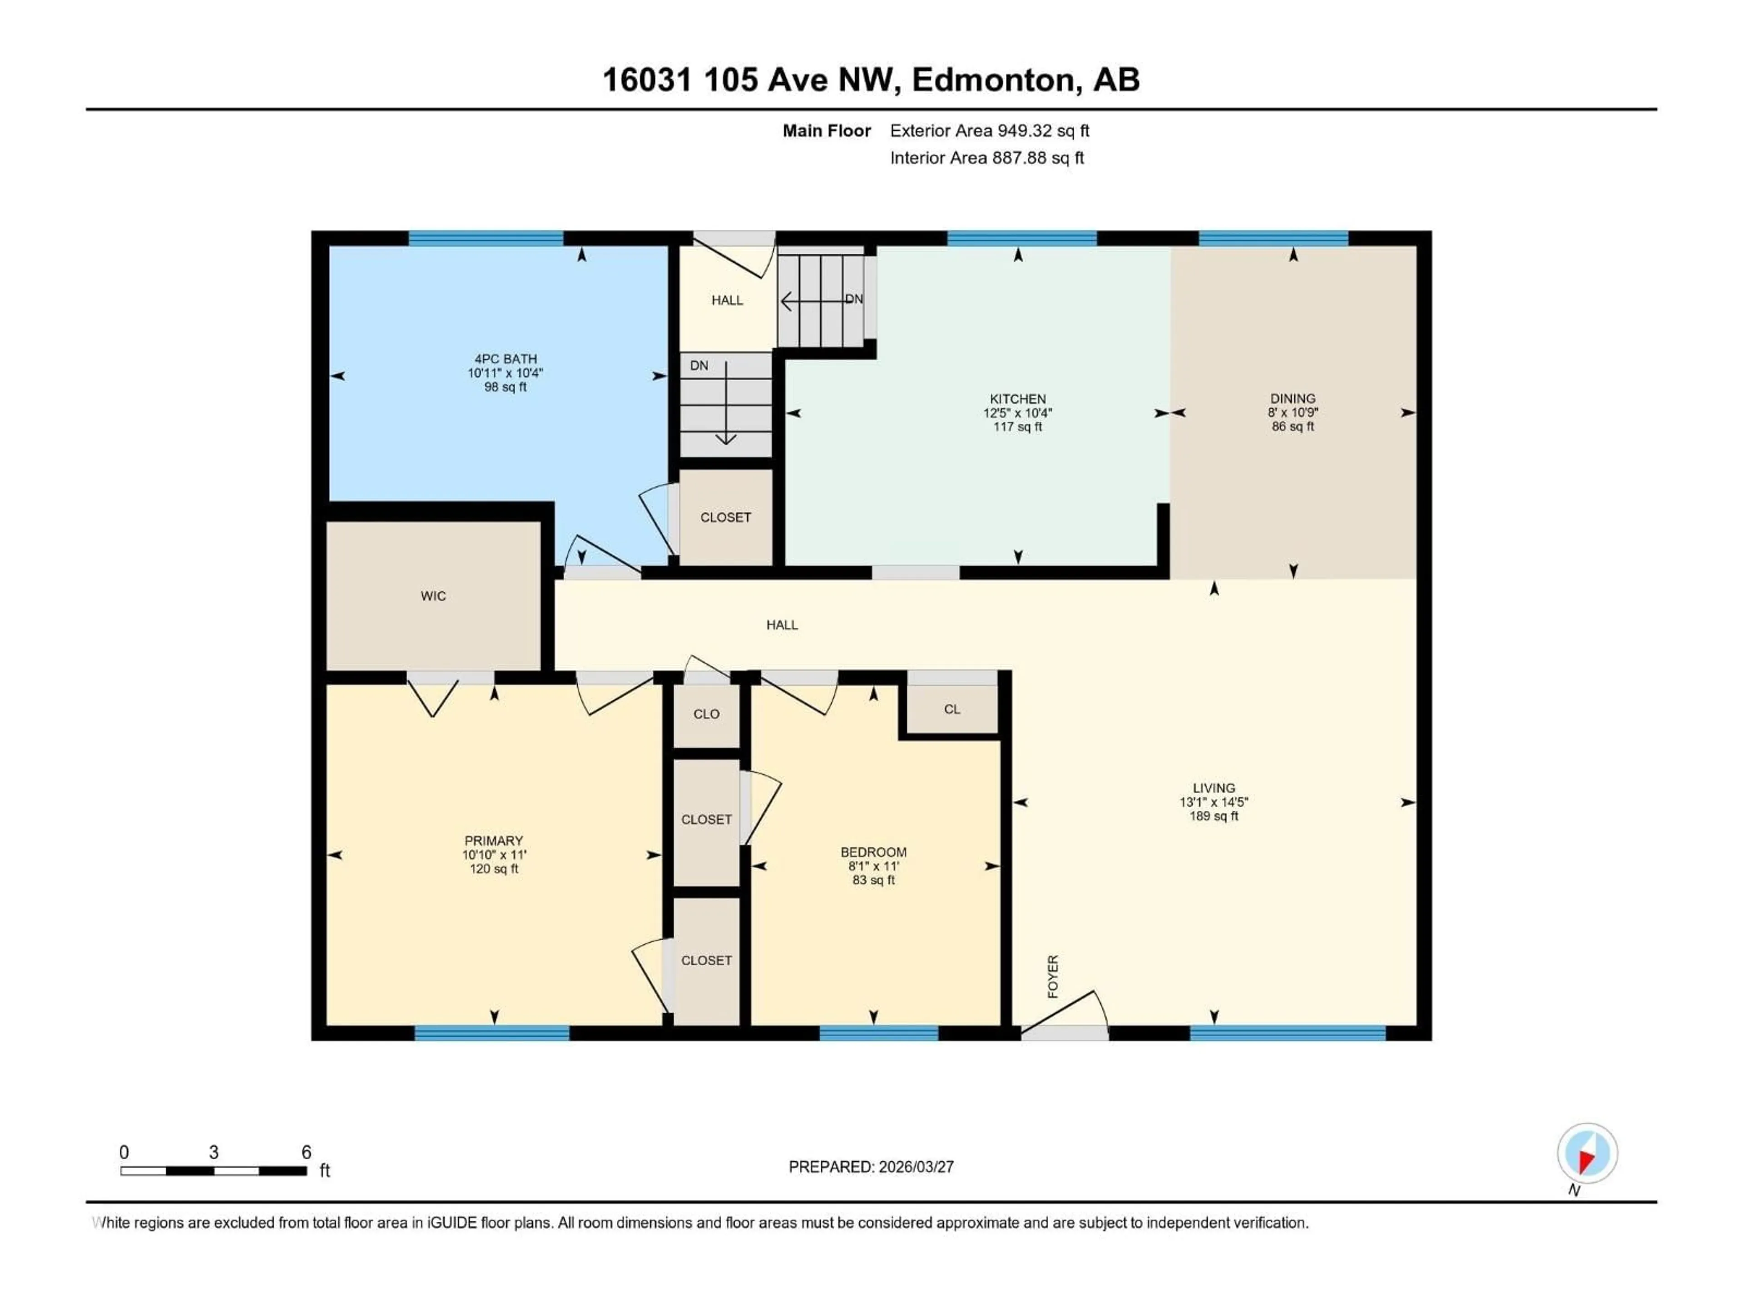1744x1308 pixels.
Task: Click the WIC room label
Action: pyautogui.click(x=433, y=596)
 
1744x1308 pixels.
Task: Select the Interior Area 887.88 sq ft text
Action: pyautogui.click(x=986, y=158)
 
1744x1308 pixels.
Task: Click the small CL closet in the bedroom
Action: pyautogui.click(x=951, y=709)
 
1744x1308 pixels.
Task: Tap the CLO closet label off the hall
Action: pyautogui.click(x=706, y=714)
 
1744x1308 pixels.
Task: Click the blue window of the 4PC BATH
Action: pyautogui.click(x=486, y=238)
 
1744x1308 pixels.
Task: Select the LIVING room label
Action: pyautogui.click(x=1214, y=788)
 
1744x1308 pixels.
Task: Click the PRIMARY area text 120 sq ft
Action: pyautogui.click(x=494, y=869)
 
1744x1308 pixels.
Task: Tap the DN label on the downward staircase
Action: pyautogui.click(x=699, y=366)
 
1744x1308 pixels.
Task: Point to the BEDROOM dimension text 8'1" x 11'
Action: pyautogui.click(x=873, y=866)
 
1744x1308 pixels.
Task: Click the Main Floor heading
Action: pyautogui.click(x=826, y=131)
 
